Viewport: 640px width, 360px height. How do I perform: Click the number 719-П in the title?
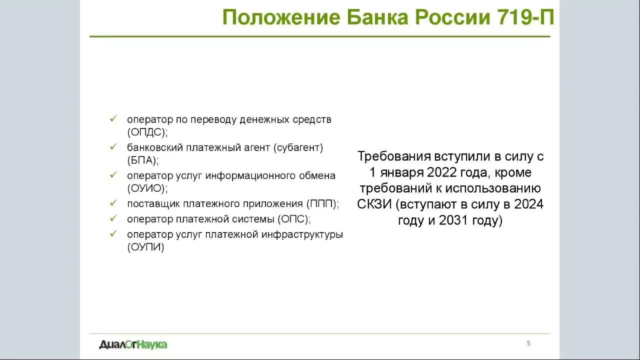click(525, 17)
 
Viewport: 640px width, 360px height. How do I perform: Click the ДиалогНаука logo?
click(133, 344)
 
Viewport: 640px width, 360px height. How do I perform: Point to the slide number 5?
click(528, 343)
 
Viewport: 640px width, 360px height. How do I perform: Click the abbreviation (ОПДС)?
click(147, 132)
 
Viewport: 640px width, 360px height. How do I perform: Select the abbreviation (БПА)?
click(142, 160)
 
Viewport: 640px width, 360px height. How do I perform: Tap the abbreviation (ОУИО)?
click(147, 188)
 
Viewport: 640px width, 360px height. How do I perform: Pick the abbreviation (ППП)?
click(322, 204)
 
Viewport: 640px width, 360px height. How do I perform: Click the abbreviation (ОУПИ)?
click(145, 247)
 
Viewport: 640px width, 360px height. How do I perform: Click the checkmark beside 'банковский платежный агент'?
click(113, 147)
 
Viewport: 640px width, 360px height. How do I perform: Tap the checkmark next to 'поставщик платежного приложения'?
click(113, 203)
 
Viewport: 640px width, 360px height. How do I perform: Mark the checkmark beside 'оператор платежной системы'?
click(113, 218)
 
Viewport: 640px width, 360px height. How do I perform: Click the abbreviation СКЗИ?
click(374, 204)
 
